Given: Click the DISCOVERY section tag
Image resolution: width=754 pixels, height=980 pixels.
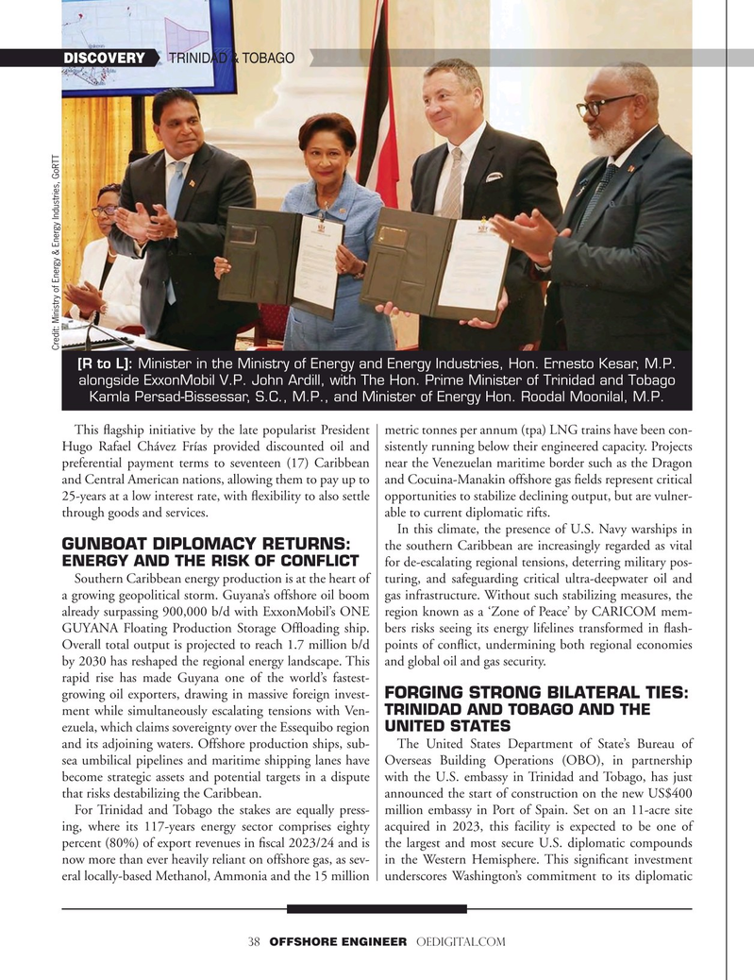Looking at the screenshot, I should coord(104,59).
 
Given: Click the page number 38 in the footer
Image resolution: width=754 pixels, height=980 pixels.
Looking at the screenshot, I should coord(254,941).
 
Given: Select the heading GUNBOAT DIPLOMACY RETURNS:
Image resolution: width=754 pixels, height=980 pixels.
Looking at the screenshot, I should coord(207,545).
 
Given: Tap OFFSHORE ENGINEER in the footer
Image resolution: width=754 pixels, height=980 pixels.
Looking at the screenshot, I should coord(337,941).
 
